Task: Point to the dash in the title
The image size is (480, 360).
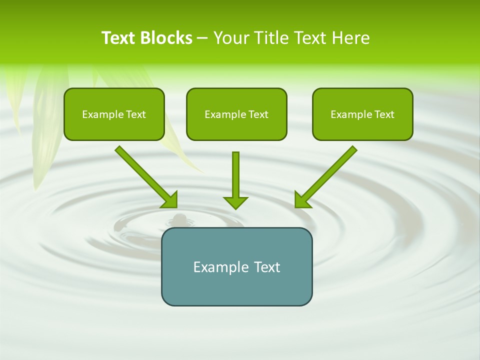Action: pos(202,38)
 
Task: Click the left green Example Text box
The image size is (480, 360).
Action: pos(114,114)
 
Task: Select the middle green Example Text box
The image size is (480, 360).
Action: pos(236,114)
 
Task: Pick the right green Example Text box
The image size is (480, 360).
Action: pos(362,114)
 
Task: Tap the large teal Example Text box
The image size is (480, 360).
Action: pos(236,266)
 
